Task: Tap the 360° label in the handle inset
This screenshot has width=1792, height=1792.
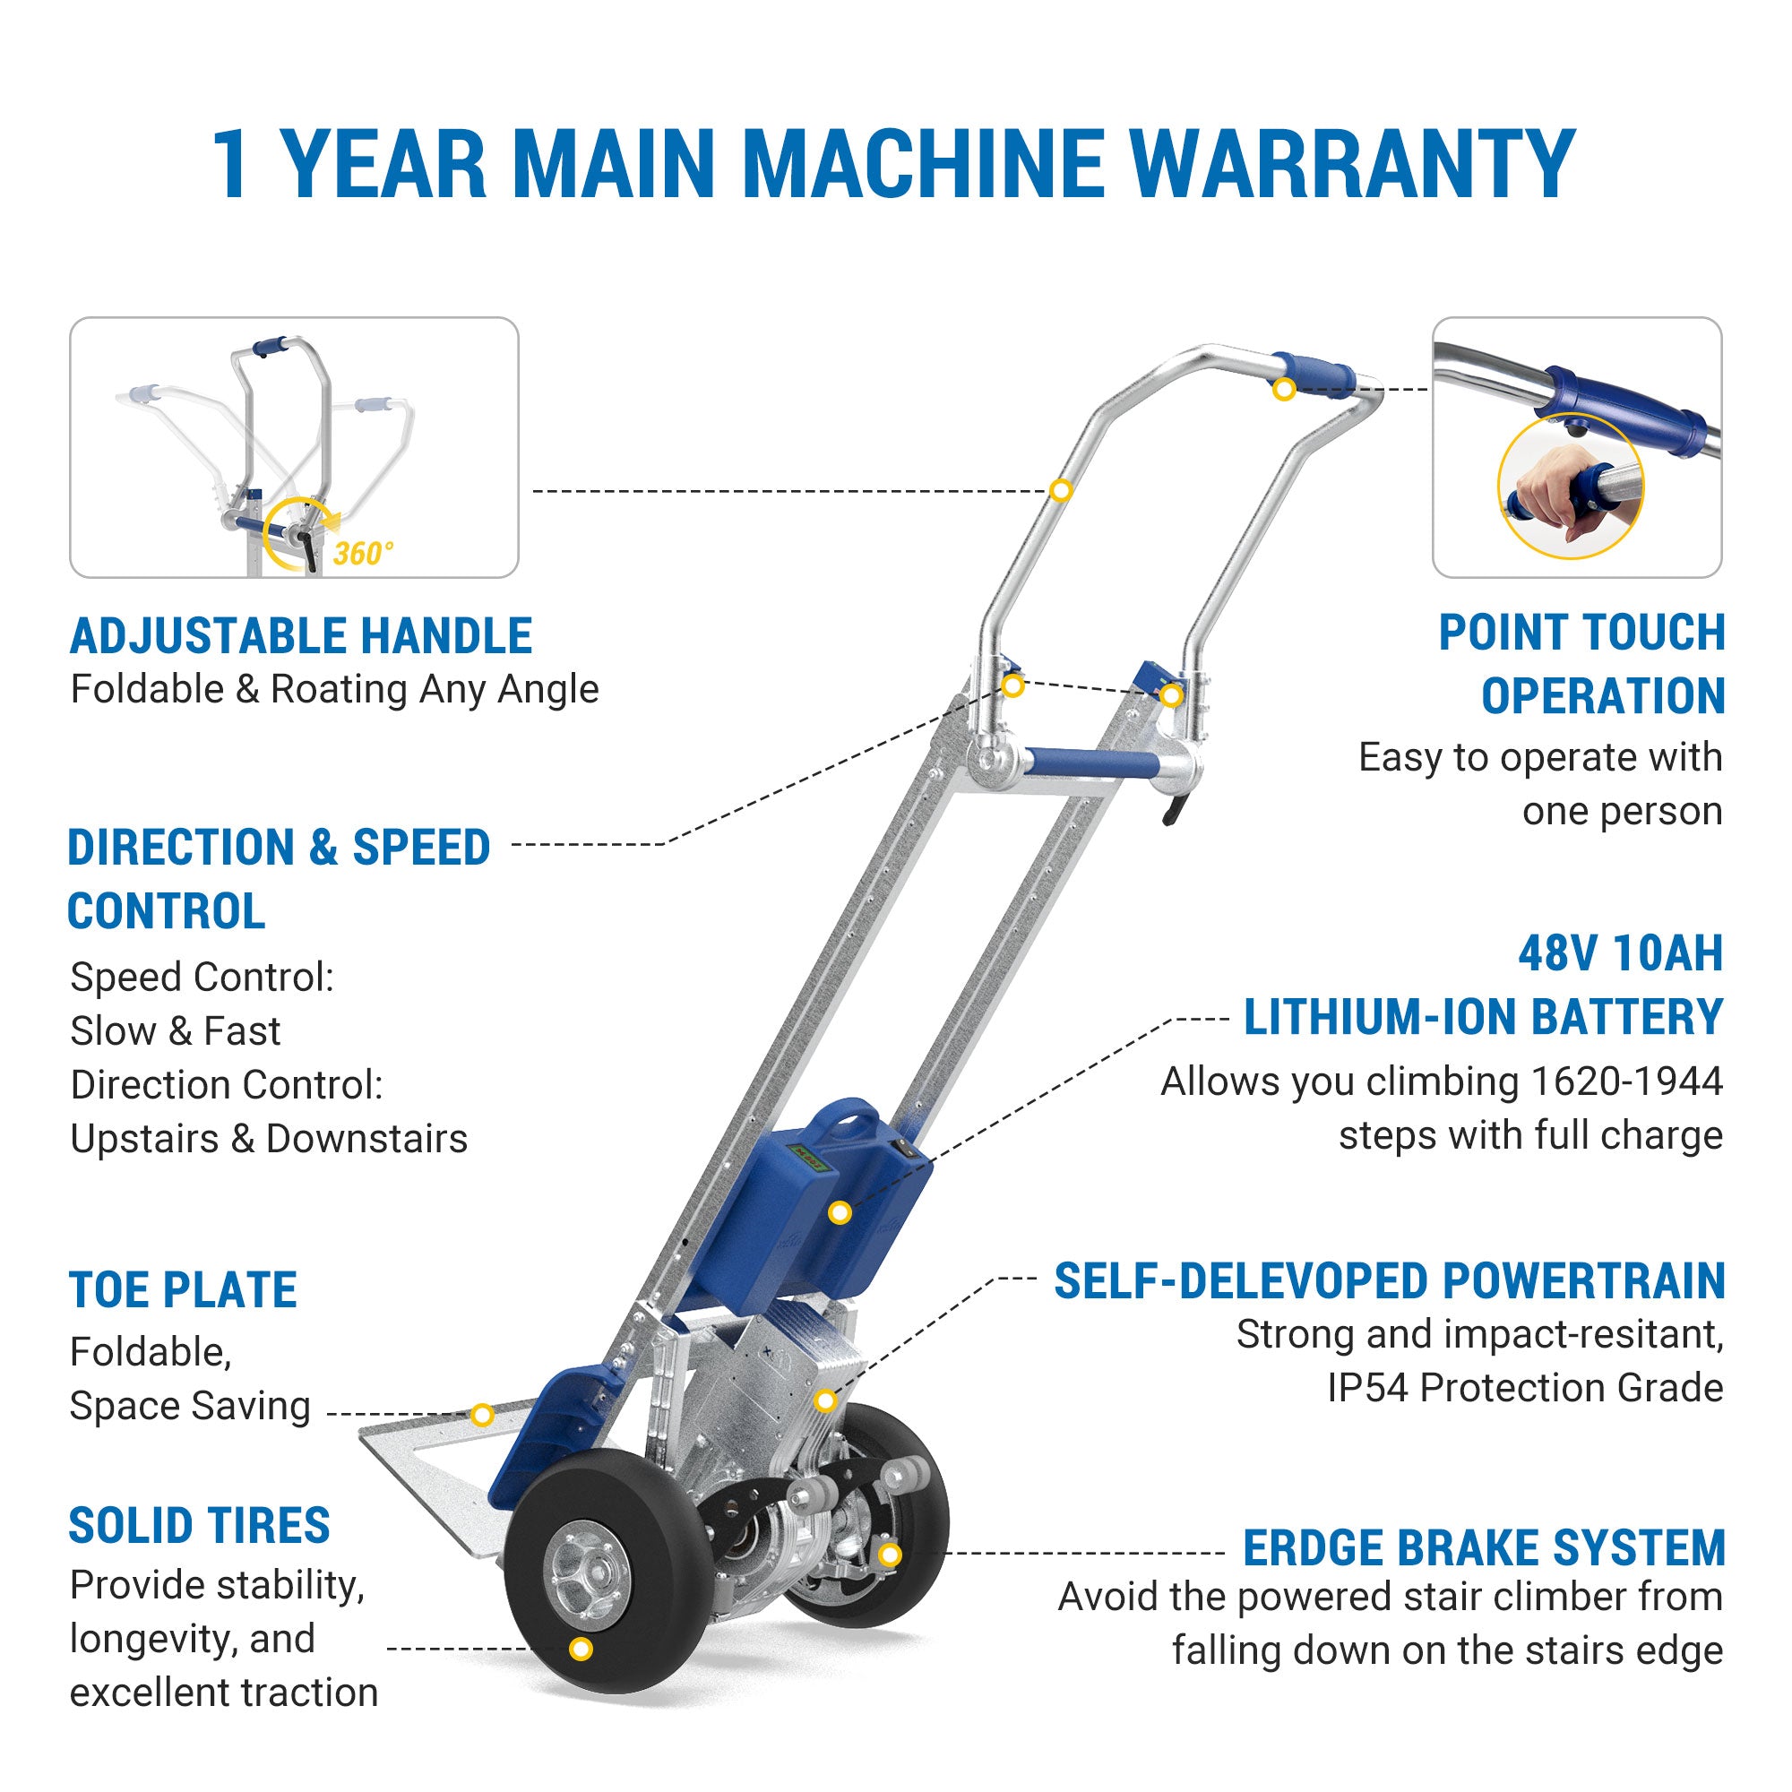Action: tap(363, 554)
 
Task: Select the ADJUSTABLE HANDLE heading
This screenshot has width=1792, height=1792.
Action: tap(301, 636)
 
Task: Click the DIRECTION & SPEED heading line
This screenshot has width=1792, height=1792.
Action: tap(280, 847)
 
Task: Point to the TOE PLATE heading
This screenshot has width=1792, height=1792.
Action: tap(184, 1289)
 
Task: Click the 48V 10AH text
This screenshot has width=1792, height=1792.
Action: tap(1620, 953)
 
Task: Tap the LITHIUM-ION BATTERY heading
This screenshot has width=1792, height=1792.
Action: tap(1483, 1018)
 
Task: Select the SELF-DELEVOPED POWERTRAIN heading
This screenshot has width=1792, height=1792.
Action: tap(1390, 1281)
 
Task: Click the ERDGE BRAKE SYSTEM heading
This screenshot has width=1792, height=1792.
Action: tap(1484, 1548)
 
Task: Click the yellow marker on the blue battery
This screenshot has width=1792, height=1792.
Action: tap(840, 1212)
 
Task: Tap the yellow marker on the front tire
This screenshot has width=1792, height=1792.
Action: tap(581, 1649)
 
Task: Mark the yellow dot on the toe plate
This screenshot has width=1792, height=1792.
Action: tap(481, 1415)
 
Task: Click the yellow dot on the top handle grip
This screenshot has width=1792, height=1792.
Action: tap(1284, 390)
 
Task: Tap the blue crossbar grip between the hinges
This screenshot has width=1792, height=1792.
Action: tap(1091, 764)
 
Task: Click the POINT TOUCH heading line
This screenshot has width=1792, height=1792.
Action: tap(1581, 633)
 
